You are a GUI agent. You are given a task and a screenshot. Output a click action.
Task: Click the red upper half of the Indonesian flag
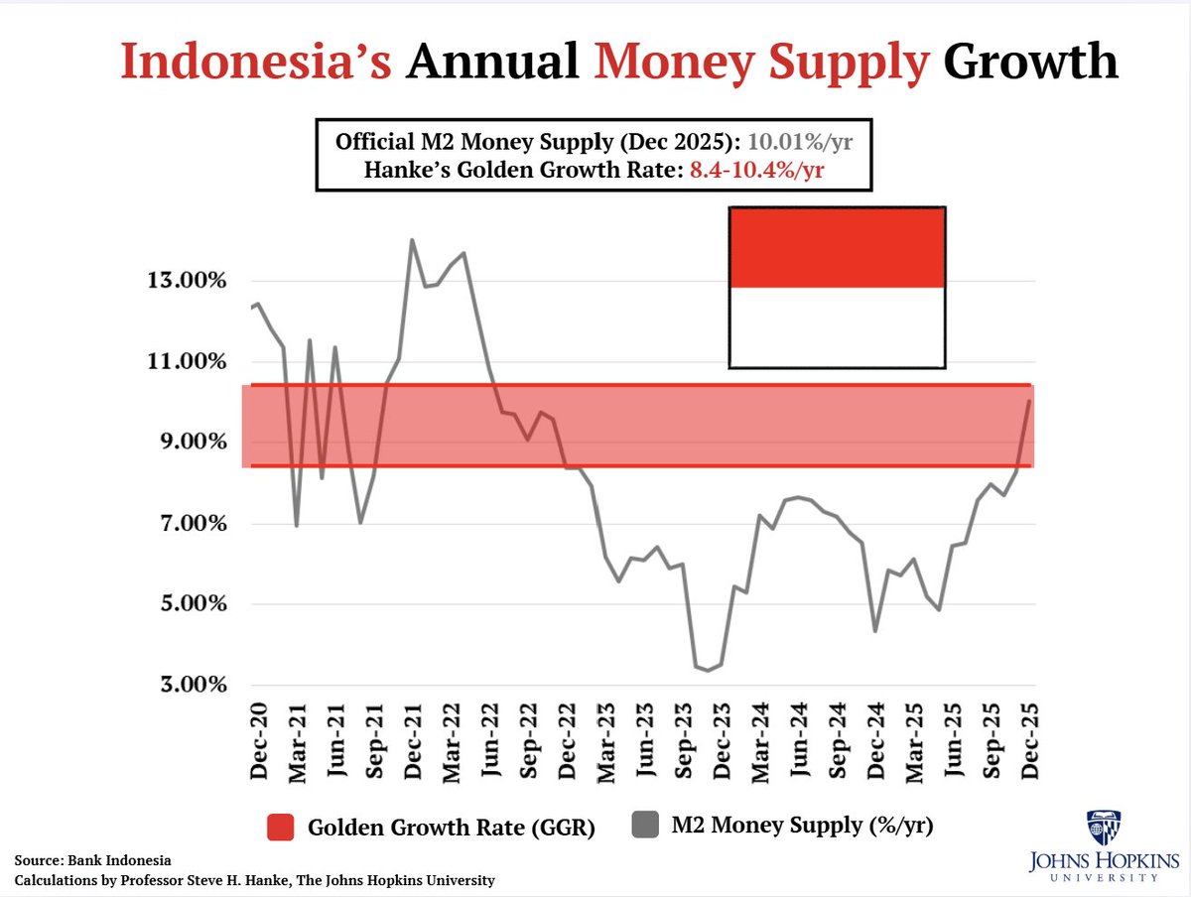point(836,247)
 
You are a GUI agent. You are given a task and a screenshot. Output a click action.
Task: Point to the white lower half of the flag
point(836,327)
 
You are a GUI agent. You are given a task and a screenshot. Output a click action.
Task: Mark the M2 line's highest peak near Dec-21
point(412,239)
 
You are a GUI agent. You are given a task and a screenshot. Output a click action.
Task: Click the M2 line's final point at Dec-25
point(1029,401)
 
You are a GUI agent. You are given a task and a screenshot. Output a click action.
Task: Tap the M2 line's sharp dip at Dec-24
point(874,631)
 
